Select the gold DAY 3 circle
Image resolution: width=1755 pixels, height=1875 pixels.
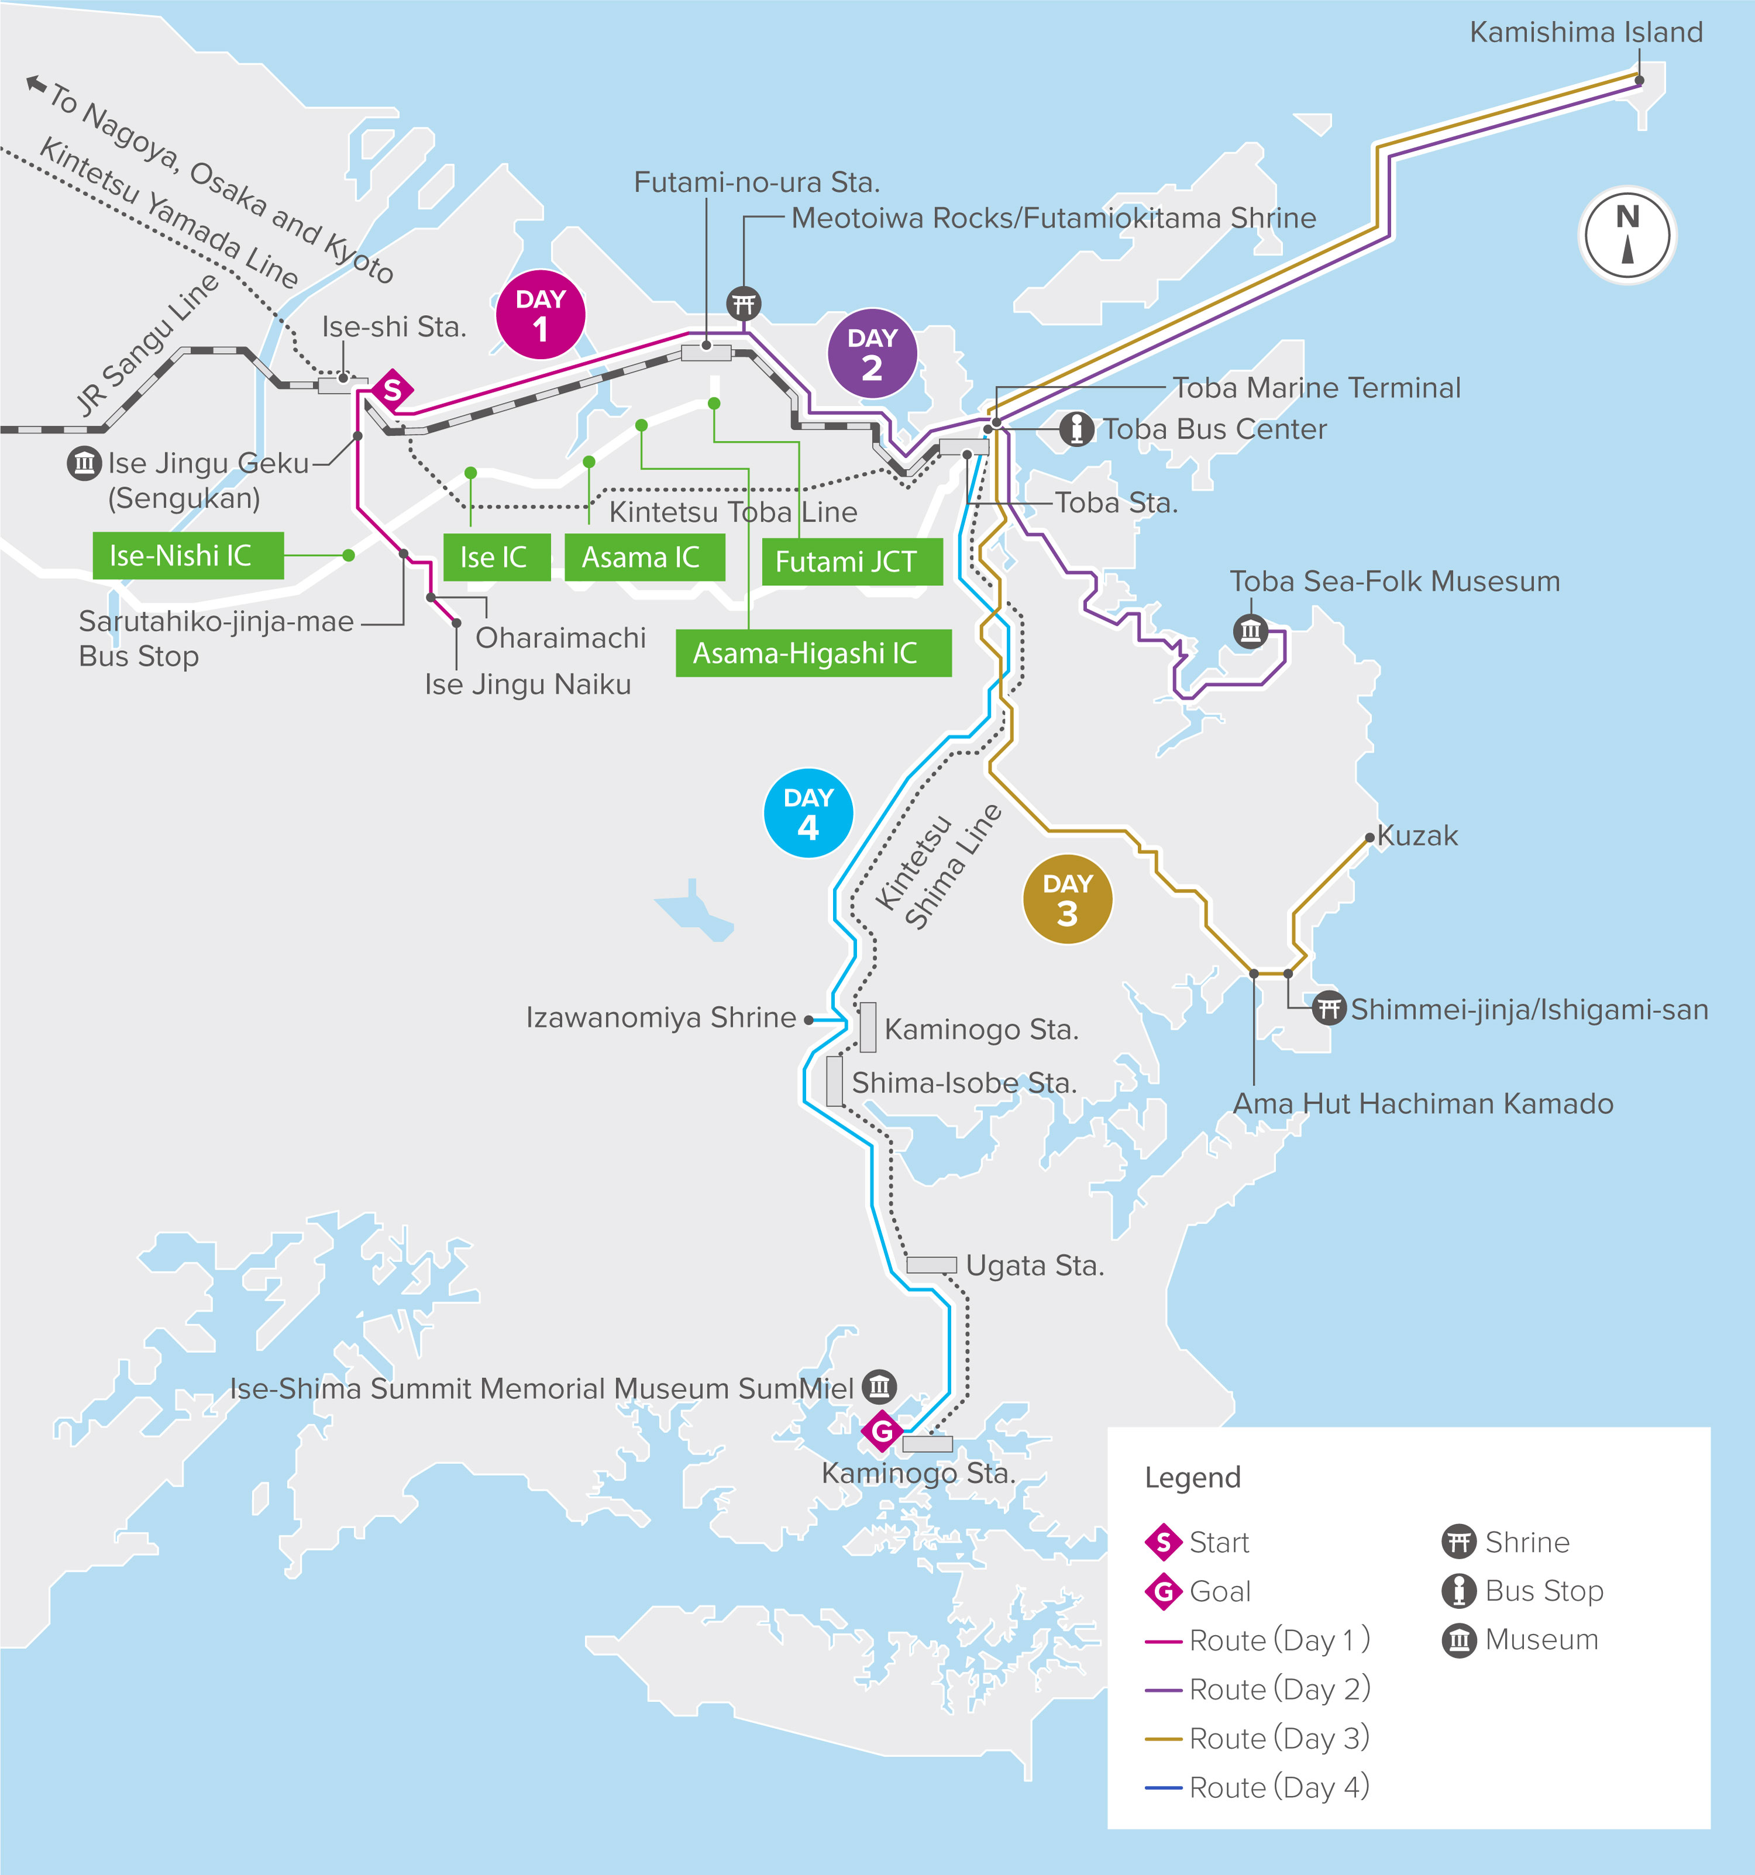pos(1067,899)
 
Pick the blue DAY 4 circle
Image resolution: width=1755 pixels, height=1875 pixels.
pos(808,813)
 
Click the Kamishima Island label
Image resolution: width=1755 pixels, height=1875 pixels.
pos(1586,32)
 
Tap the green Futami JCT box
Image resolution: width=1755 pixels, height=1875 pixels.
pos(851,562)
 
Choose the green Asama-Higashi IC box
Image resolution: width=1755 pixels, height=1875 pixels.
pos(813,653)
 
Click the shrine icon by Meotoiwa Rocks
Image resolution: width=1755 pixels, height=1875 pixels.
pos(744,304)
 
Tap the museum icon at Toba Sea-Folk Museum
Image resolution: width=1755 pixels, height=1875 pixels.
pos(1250,630)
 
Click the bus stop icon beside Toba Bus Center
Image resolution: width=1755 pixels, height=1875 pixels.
pos(1076,429)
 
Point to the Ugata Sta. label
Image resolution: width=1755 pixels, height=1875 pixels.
pos(1034,1266)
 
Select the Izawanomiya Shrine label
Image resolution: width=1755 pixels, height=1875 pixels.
pos(660,1018)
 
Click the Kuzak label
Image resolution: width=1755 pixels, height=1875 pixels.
pos(1417,836)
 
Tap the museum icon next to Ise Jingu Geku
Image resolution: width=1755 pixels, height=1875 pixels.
pos(84,463)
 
